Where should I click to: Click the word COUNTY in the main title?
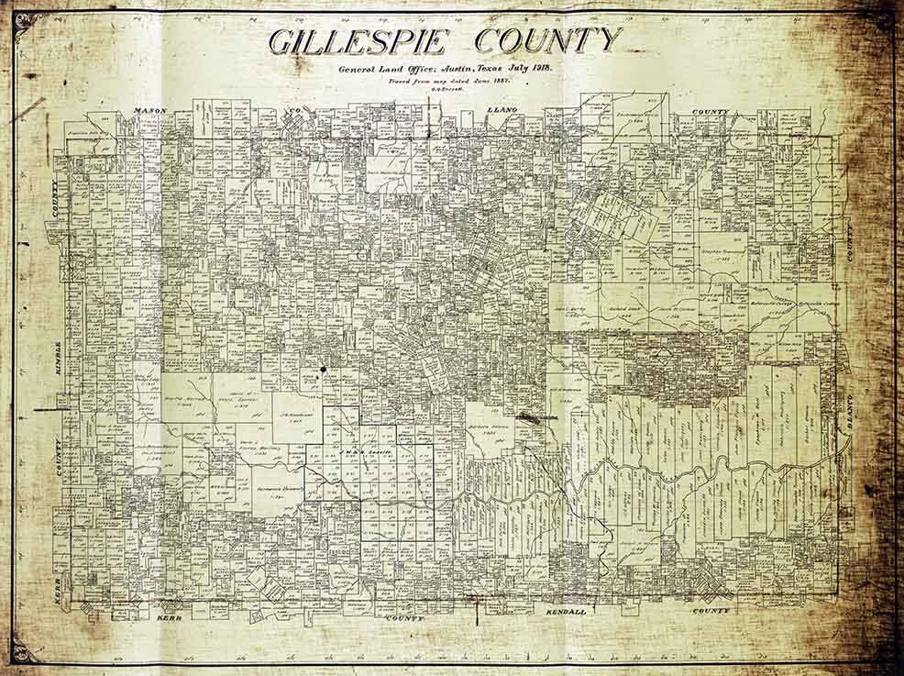[546, 42]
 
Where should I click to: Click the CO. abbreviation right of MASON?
[297, 111]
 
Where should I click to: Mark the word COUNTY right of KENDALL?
[711, 610]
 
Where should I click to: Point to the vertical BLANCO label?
[850, 417]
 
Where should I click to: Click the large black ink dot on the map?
[323, 370]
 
